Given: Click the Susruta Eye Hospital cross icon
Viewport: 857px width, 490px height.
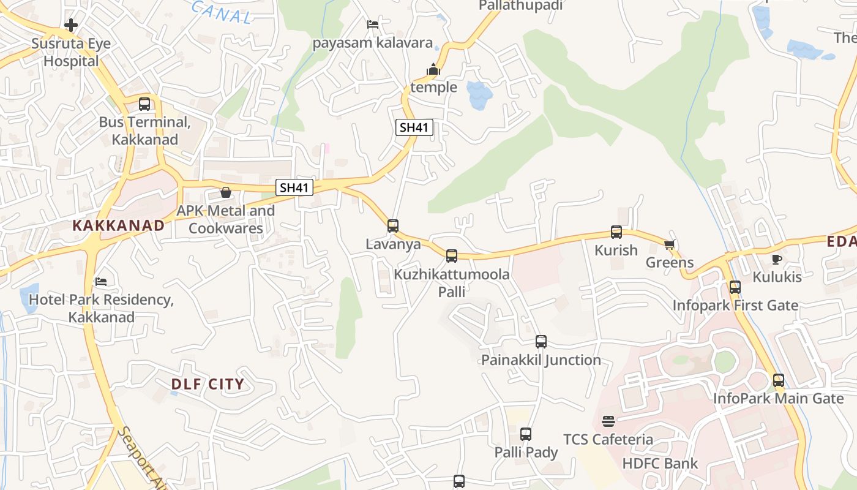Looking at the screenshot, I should [x=71, y=25].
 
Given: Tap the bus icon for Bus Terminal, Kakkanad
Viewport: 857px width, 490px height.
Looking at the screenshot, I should [x=144, y=104].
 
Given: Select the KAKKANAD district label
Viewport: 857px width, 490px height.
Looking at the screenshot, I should [x=119, y=225].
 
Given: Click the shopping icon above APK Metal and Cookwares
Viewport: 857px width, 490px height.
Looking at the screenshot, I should [x=226, y=192].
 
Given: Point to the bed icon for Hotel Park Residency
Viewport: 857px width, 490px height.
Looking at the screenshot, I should [x=101, y=282].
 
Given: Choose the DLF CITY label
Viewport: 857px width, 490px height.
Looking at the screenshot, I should [x=208, y=385].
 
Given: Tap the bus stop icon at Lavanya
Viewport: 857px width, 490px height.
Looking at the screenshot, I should [x=393, y=226].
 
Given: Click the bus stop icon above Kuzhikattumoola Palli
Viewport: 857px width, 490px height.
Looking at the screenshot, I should [x=452, y=256].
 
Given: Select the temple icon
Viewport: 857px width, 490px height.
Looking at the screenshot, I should [x=433, y=70].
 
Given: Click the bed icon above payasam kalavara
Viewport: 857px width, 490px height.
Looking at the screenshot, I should [x=373, y=24].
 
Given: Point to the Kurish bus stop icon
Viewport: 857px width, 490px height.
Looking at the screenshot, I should [x=616, y=232].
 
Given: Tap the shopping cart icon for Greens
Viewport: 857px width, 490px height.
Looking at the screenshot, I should [x=669, y=245].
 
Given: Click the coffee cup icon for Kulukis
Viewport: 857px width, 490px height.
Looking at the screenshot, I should [x=777, y=259].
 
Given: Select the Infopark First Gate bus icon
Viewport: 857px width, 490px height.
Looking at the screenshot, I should [x=735, y=287].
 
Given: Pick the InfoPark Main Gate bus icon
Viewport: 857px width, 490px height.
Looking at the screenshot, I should [x=779, y=380].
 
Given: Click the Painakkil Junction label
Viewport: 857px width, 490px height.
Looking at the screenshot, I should [x=541, y=360].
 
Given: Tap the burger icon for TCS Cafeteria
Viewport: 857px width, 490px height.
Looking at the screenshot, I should [x=608, y=421].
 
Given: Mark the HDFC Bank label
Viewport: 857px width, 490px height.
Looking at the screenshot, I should [x=660, y=463].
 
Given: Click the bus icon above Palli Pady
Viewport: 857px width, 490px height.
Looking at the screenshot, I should [x=526, y=434].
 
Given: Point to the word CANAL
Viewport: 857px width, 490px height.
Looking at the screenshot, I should [x=222, y=12].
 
